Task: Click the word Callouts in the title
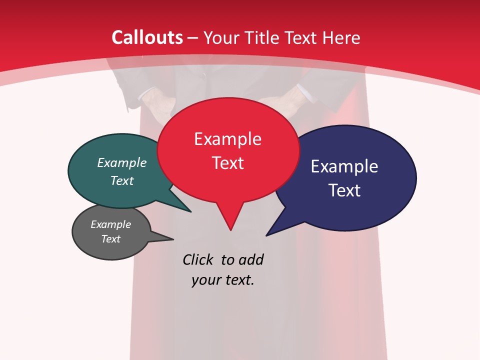pos(147,37)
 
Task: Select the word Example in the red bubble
pos(227,139)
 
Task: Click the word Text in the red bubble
pos(227,163)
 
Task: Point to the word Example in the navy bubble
pos(344,166)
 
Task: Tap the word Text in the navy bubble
pos(344,190)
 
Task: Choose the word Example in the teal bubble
pos(122,163)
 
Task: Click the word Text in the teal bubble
pos(122,180)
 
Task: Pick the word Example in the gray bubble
pos(110,224)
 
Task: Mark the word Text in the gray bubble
pos(110,239)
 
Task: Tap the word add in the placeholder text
pos(250,259)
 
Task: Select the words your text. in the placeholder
pos(223,280)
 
